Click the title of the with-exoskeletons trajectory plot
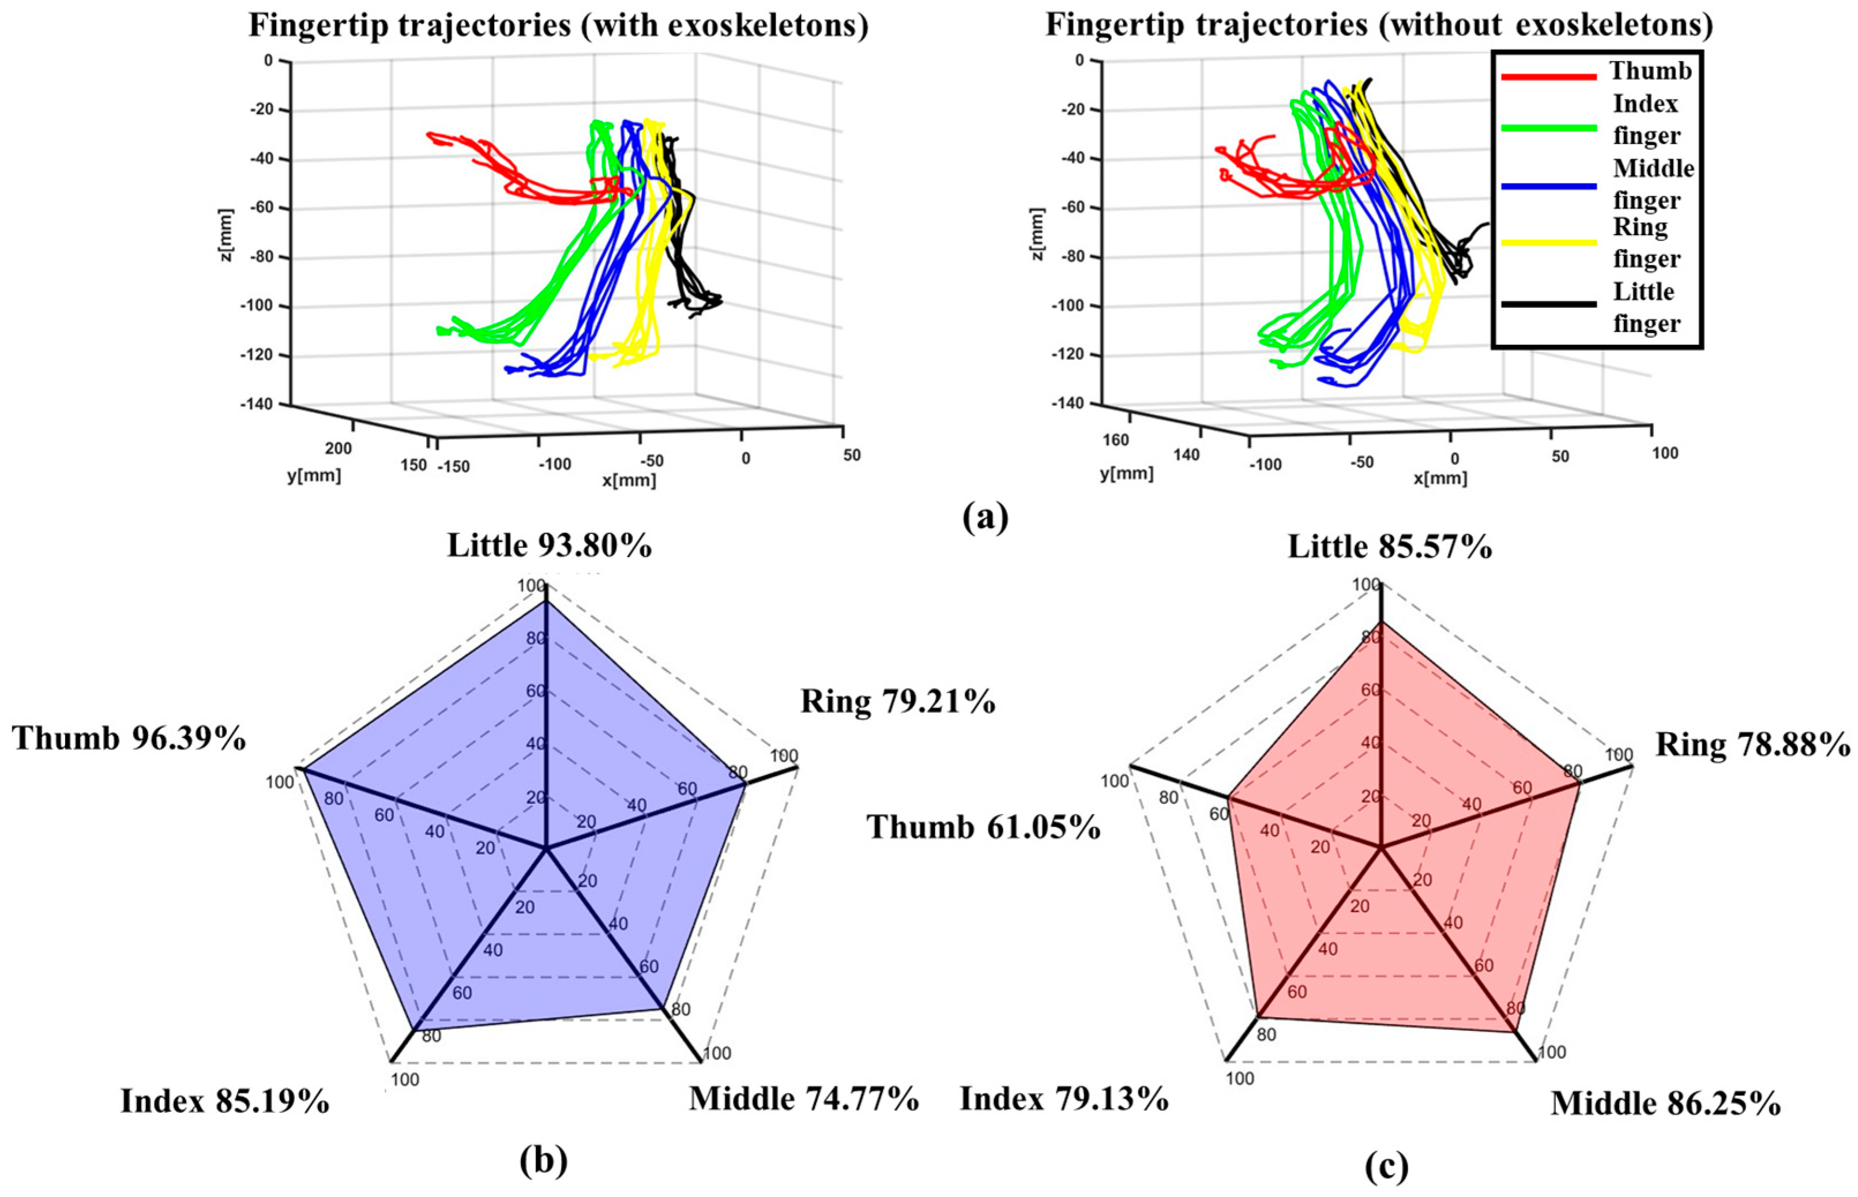pos(558,25)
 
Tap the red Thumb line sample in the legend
pos(1548,76)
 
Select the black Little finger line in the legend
pos(1548,304)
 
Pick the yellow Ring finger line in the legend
pos(1548,242)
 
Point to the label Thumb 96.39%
pos(129,739)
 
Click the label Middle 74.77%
pos(804,1099)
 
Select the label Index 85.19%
pos(225,1101)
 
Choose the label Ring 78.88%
pos(1752,746)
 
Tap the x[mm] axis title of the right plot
pos(1440,478)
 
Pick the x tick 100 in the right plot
pos(1664,453)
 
